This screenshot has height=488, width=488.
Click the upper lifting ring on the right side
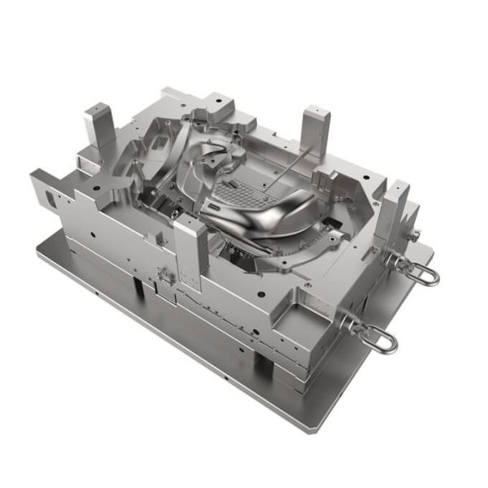(417, 268)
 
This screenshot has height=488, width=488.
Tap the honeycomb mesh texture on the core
(241, 194)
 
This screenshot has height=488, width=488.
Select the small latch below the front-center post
(166, 273)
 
